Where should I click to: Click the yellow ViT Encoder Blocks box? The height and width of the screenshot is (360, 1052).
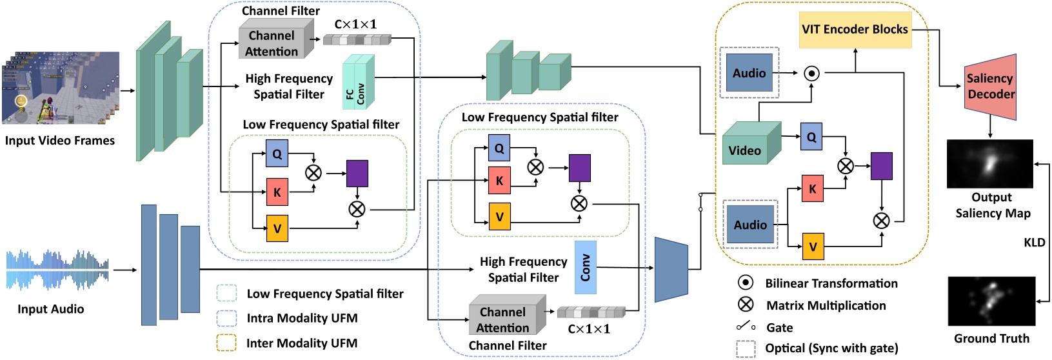[855, 30]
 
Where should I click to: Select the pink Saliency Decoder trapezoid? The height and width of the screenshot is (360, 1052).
[990, 86]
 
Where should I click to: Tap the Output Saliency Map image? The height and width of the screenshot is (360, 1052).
[989, 164]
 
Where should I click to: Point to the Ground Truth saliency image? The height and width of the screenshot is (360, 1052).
[991, 301]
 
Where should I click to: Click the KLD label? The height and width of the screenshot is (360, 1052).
[1034, 243]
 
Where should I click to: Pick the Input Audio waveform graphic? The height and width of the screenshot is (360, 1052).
[57, 270]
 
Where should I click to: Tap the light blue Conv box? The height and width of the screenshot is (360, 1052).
[585, 267]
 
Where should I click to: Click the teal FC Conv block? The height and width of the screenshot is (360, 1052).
[358, 83]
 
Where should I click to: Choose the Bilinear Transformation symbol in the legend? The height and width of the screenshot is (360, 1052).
[745, 283]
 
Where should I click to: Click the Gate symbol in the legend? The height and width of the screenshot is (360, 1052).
[746, 326]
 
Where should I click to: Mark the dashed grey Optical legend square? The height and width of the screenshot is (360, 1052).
[746, 348]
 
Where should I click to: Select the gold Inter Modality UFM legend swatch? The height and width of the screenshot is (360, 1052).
[226, 343]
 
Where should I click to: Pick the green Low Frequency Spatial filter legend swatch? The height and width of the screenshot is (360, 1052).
[226, 294]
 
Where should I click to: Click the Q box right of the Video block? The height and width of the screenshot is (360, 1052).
[811, 137]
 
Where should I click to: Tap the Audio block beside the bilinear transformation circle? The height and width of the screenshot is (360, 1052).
[749, 73]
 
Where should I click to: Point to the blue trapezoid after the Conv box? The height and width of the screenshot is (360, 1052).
[671, 270]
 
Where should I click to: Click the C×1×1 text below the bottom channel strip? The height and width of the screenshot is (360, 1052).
[588, 329]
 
